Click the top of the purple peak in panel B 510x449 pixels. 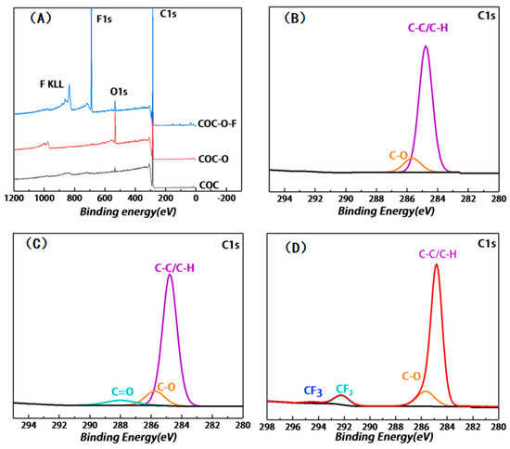426,46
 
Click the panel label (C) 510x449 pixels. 34,245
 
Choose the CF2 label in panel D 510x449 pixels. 344,389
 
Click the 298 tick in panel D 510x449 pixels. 267,426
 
